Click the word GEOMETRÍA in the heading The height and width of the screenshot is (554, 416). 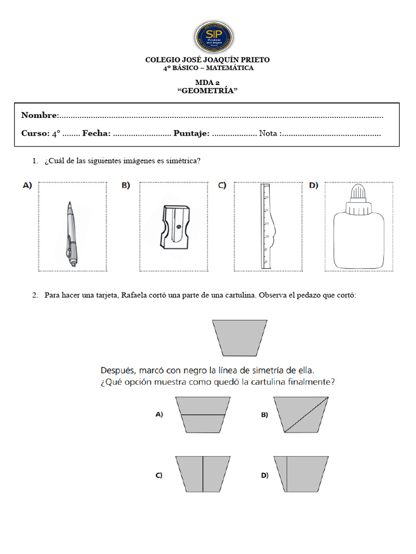coord(208,91)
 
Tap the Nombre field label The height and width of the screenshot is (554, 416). coord(39,115)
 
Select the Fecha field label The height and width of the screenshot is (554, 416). coord(96,134)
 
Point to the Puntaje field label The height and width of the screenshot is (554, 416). coord(191,134)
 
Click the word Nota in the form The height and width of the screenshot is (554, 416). coord(269,134)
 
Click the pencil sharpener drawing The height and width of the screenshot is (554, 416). coord(174,227)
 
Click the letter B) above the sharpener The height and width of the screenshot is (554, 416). coord(126,186)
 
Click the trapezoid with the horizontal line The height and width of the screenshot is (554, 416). coord(201,415)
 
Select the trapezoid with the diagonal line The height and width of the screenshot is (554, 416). coord(304,415)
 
